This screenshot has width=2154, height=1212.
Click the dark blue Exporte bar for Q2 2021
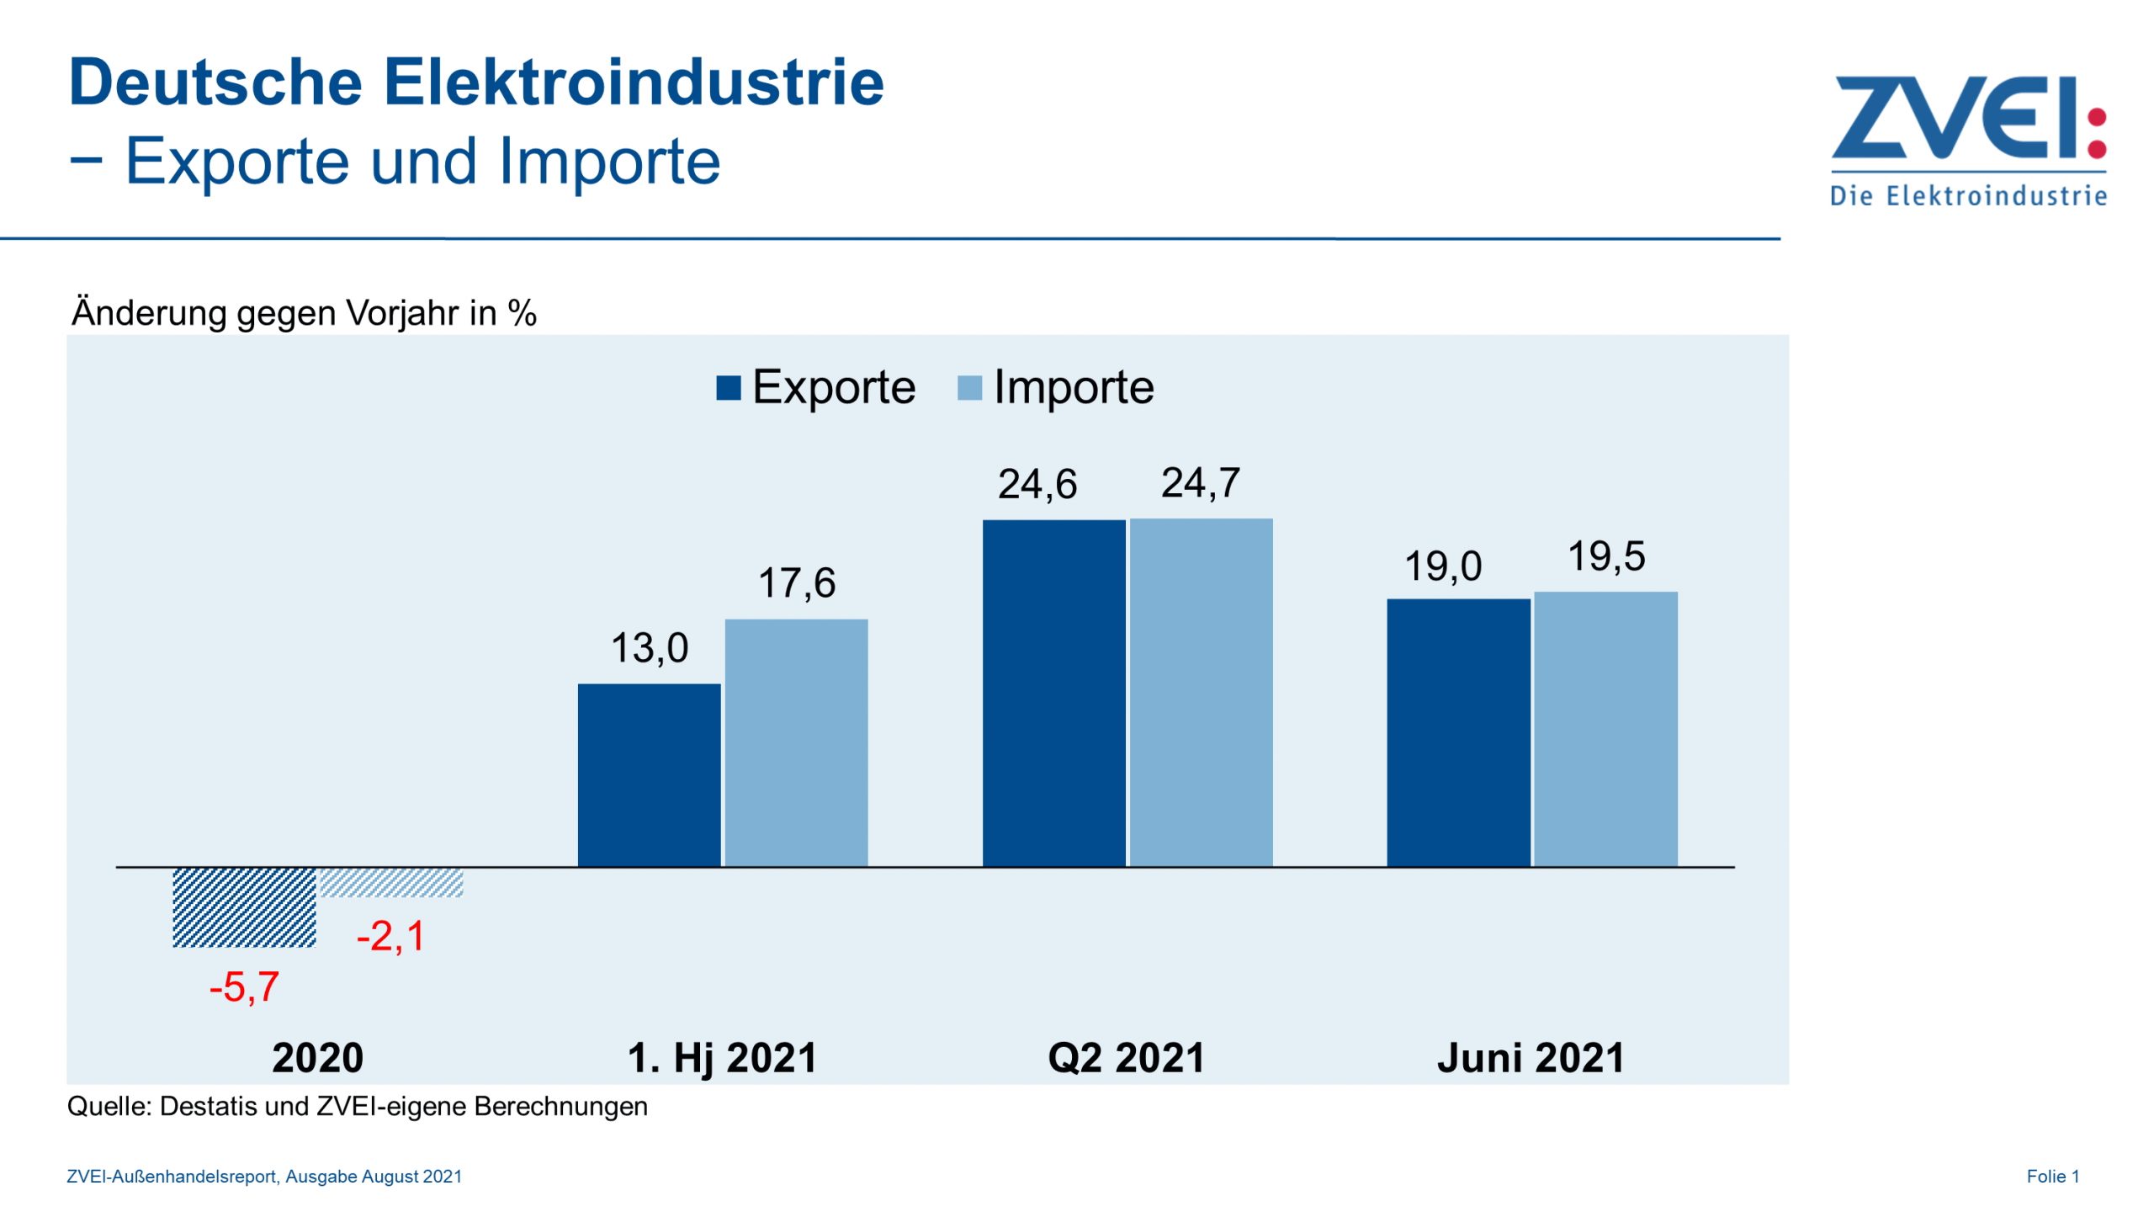click(x=1053, y=693)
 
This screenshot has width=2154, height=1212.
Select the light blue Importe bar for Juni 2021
click(x=1605, y=729)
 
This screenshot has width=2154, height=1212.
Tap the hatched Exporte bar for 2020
click(x=244, y=907)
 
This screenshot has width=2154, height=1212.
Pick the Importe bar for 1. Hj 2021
click(x=796, y=742)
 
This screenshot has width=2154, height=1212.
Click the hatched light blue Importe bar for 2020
click(x=391, y=882)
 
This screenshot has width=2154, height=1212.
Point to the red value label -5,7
click(x=244, y=986)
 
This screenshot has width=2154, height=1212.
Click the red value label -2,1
click(x=391, y=936)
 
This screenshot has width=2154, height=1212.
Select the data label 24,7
click(x=1201, y=483)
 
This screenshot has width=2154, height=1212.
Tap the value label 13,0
click(x=650, y=648)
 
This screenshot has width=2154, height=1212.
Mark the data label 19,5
click(x=1606, y=556)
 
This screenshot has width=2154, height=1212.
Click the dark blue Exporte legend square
click(x=728, y=388)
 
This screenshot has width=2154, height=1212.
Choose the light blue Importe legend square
click(x=969, y=388)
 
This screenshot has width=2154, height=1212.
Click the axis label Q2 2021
click(x=1126, y=1058)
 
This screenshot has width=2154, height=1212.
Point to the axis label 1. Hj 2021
click(x=722, y=1058)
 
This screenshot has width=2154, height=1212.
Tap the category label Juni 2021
click(x=1531, y=1058)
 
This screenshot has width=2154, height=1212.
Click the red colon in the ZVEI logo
click(x=2097, y=133)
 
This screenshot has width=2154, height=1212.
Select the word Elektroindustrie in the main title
click(x=634, y=82)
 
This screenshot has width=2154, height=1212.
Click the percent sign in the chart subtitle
click(x=522, y=313)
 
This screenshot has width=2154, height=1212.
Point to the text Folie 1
click(x=2052, y=1177)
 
